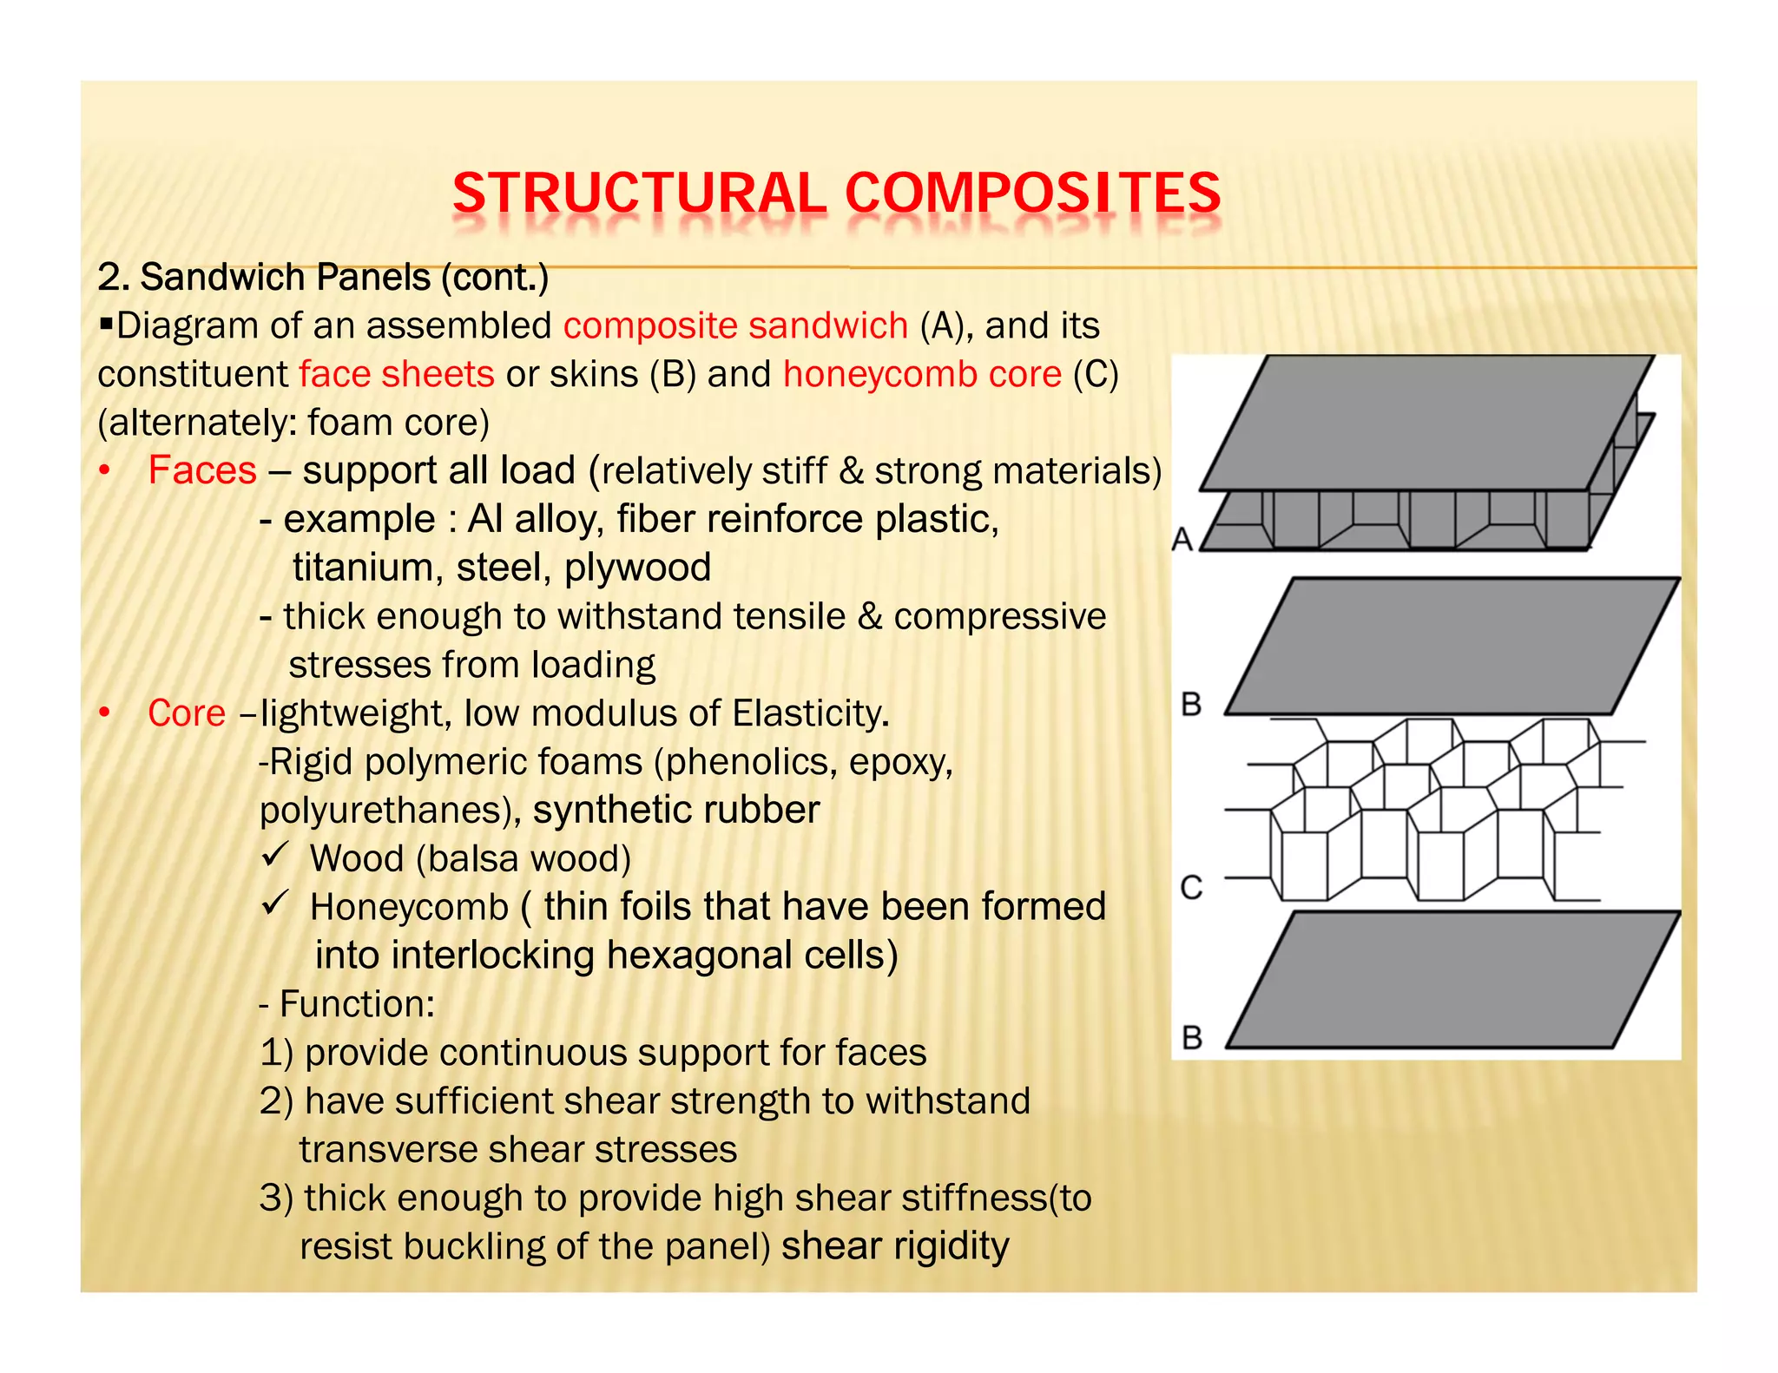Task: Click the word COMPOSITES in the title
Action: (1032, 193)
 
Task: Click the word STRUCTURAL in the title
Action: (639, 193)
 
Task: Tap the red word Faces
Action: (202, 470)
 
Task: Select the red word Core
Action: (187, 713)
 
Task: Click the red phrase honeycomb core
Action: (922, 374)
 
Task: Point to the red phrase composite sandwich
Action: (735, 325)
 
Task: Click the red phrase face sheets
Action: (397, 374)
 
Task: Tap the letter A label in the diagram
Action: (1182, 539)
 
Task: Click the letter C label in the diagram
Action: (1192, 887)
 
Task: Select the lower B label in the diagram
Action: (1192, 1037)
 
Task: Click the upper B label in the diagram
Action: (1192, 703)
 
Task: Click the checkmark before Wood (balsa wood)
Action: (274, 856)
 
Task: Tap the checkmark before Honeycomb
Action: (274, 904)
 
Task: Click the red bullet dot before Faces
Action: (105, 471)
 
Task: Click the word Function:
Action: (357, 1004)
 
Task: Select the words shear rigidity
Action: (895, 1246)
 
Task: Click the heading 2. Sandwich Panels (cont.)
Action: (323, 278)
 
